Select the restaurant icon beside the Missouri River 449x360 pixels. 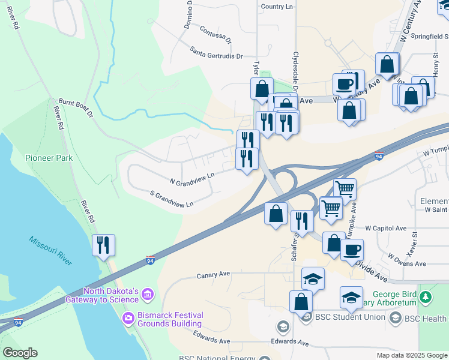click(103, 245)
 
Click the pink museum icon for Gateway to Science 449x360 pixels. click(148, 295)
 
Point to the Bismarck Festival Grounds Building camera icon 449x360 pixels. click(127, 317)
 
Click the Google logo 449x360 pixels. click(20, 353)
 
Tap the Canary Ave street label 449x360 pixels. click(214, 275)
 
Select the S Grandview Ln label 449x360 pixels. click(172, 199)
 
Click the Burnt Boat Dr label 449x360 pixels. click(76, 108)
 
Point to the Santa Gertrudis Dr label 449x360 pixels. click(216, 52)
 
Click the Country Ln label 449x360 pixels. click(277, 7)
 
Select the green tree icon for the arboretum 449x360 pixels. click(426, 296)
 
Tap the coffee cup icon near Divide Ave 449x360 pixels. click(352, 248)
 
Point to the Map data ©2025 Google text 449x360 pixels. click(411, 355)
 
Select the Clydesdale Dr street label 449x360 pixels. click(295, 66)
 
